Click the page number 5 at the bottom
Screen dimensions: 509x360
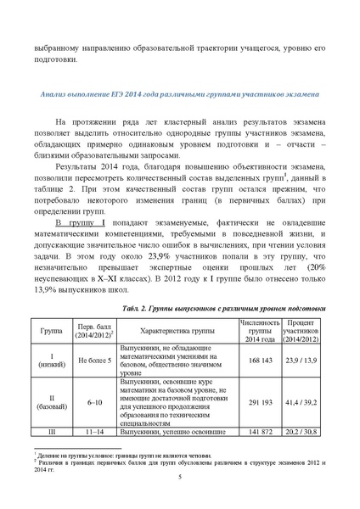click(x=180, y=477)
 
